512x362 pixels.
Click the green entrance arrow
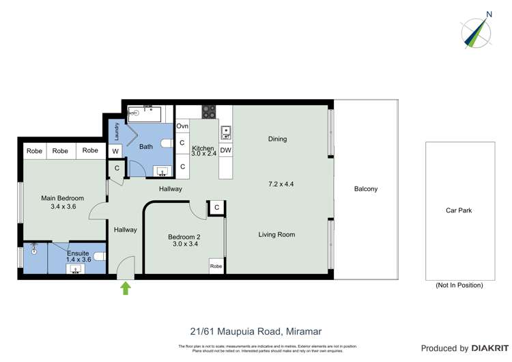pos(125,289)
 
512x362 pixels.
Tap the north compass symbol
pos(477,31)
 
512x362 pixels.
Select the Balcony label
pos(366,189)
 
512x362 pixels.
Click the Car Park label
pos(459,210)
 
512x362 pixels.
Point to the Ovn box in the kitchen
pos(182,126)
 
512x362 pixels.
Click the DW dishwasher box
pos(225,150)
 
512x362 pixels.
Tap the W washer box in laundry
pos(115,151)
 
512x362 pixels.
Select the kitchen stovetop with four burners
pos(208,112)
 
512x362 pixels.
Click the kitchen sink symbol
pos(225,130)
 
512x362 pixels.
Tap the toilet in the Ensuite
pos(98,257)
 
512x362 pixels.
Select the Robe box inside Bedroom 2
pos(216,266)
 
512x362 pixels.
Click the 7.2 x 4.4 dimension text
pos(281,184)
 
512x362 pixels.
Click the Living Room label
pos(276,234)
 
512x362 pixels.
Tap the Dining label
pos(277,139)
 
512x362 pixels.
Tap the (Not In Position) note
pos(459,285)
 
